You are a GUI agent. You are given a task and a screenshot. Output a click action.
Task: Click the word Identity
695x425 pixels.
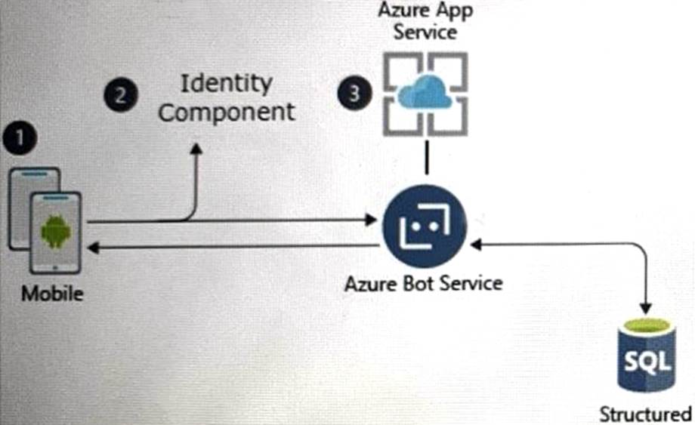click(x=226, y=83)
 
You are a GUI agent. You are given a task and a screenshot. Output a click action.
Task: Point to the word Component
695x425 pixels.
click(x=227, y=112)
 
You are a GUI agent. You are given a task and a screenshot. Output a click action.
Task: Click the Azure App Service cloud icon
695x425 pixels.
click(x=424, y=94)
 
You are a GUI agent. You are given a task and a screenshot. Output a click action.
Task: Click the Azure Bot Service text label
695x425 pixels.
click(x=424, y=284)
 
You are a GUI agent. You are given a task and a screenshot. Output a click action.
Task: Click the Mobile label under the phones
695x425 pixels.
click(x=52, y=293)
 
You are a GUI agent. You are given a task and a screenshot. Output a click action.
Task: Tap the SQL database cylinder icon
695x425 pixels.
click(x=644, y=354)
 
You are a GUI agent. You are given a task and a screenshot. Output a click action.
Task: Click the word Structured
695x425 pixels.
click(x=645, y=414)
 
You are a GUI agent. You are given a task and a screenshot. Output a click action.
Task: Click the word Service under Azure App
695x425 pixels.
click(x=425, y=32)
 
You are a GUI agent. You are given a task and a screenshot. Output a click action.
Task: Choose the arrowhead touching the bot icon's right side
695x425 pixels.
click(x=474, y=245)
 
